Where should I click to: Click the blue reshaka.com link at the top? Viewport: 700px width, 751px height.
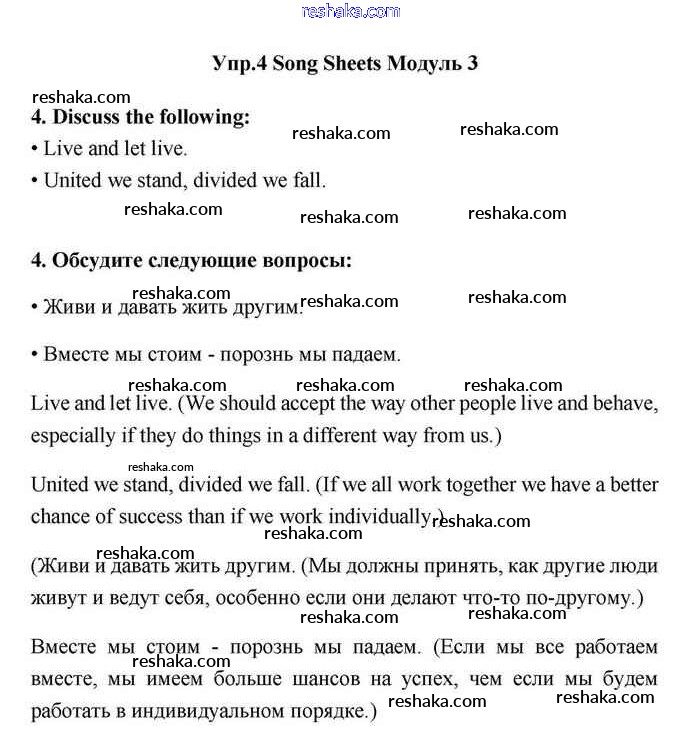[x=350, y=11]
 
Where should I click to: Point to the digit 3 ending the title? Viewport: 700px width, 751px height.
[x=472, y=64]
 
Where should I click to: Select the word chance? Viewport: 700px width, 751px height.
[x=61, y=517]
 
